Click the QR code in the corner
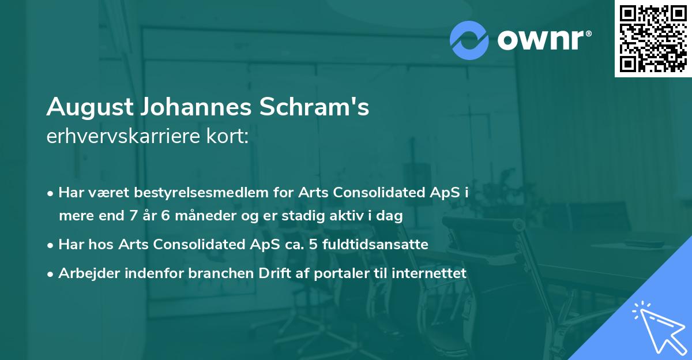(653, 39)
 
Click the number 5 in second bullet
(313, 245)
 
